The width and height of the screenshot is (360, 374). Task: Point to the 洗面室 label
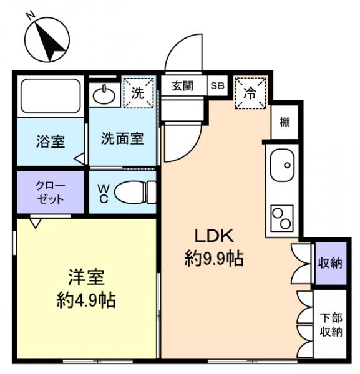tap(122, 138)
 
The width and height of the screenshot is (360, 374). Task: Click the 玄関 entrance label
tap(183, 86)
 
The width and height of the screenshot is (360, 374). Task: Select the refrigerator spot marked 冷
tap(249, 93)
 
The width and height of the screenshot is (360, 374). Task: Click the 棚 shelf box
tap(284, 122)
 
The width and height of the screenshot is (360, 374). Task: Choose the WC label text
tap(103, 192)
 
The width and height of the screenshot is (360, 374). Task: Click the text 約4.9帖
tap(85, 300)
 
